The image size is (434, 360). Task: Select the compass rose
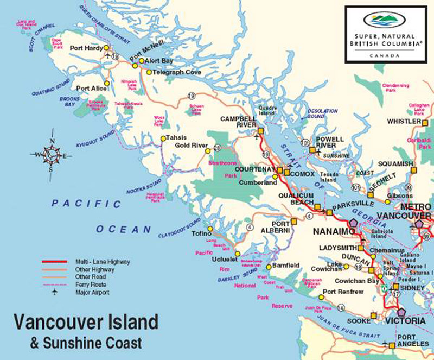point(52,155)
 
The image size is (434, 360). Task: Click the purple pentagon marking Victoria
point(401,312)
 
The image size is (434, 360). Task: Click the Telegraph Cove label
point(177,72)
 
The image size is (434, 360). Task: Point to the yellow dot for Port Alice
point(107,83)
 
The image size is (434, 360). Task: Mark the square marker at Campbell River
point(260,130)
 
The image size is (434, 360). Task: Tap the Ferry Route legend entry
point(91,285)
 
